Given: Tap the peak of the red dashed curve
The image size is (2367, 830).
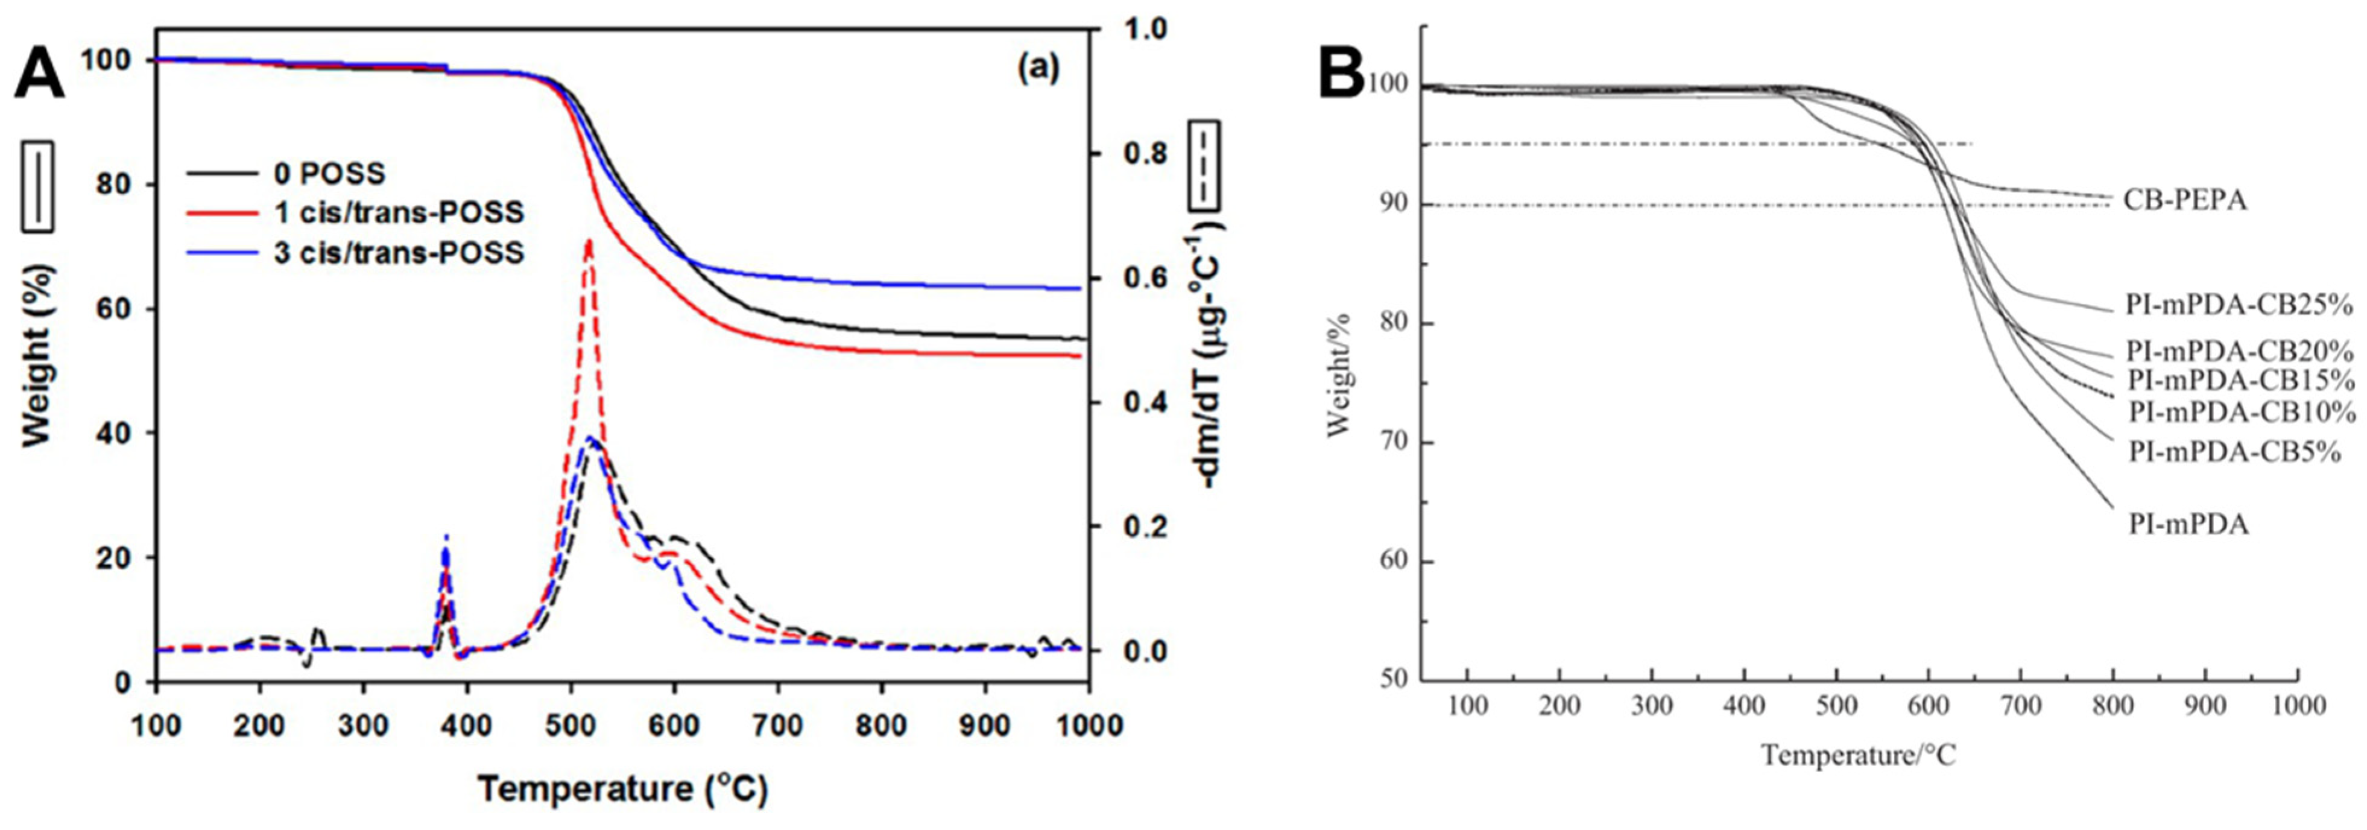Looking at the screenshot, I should point(588,241).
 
